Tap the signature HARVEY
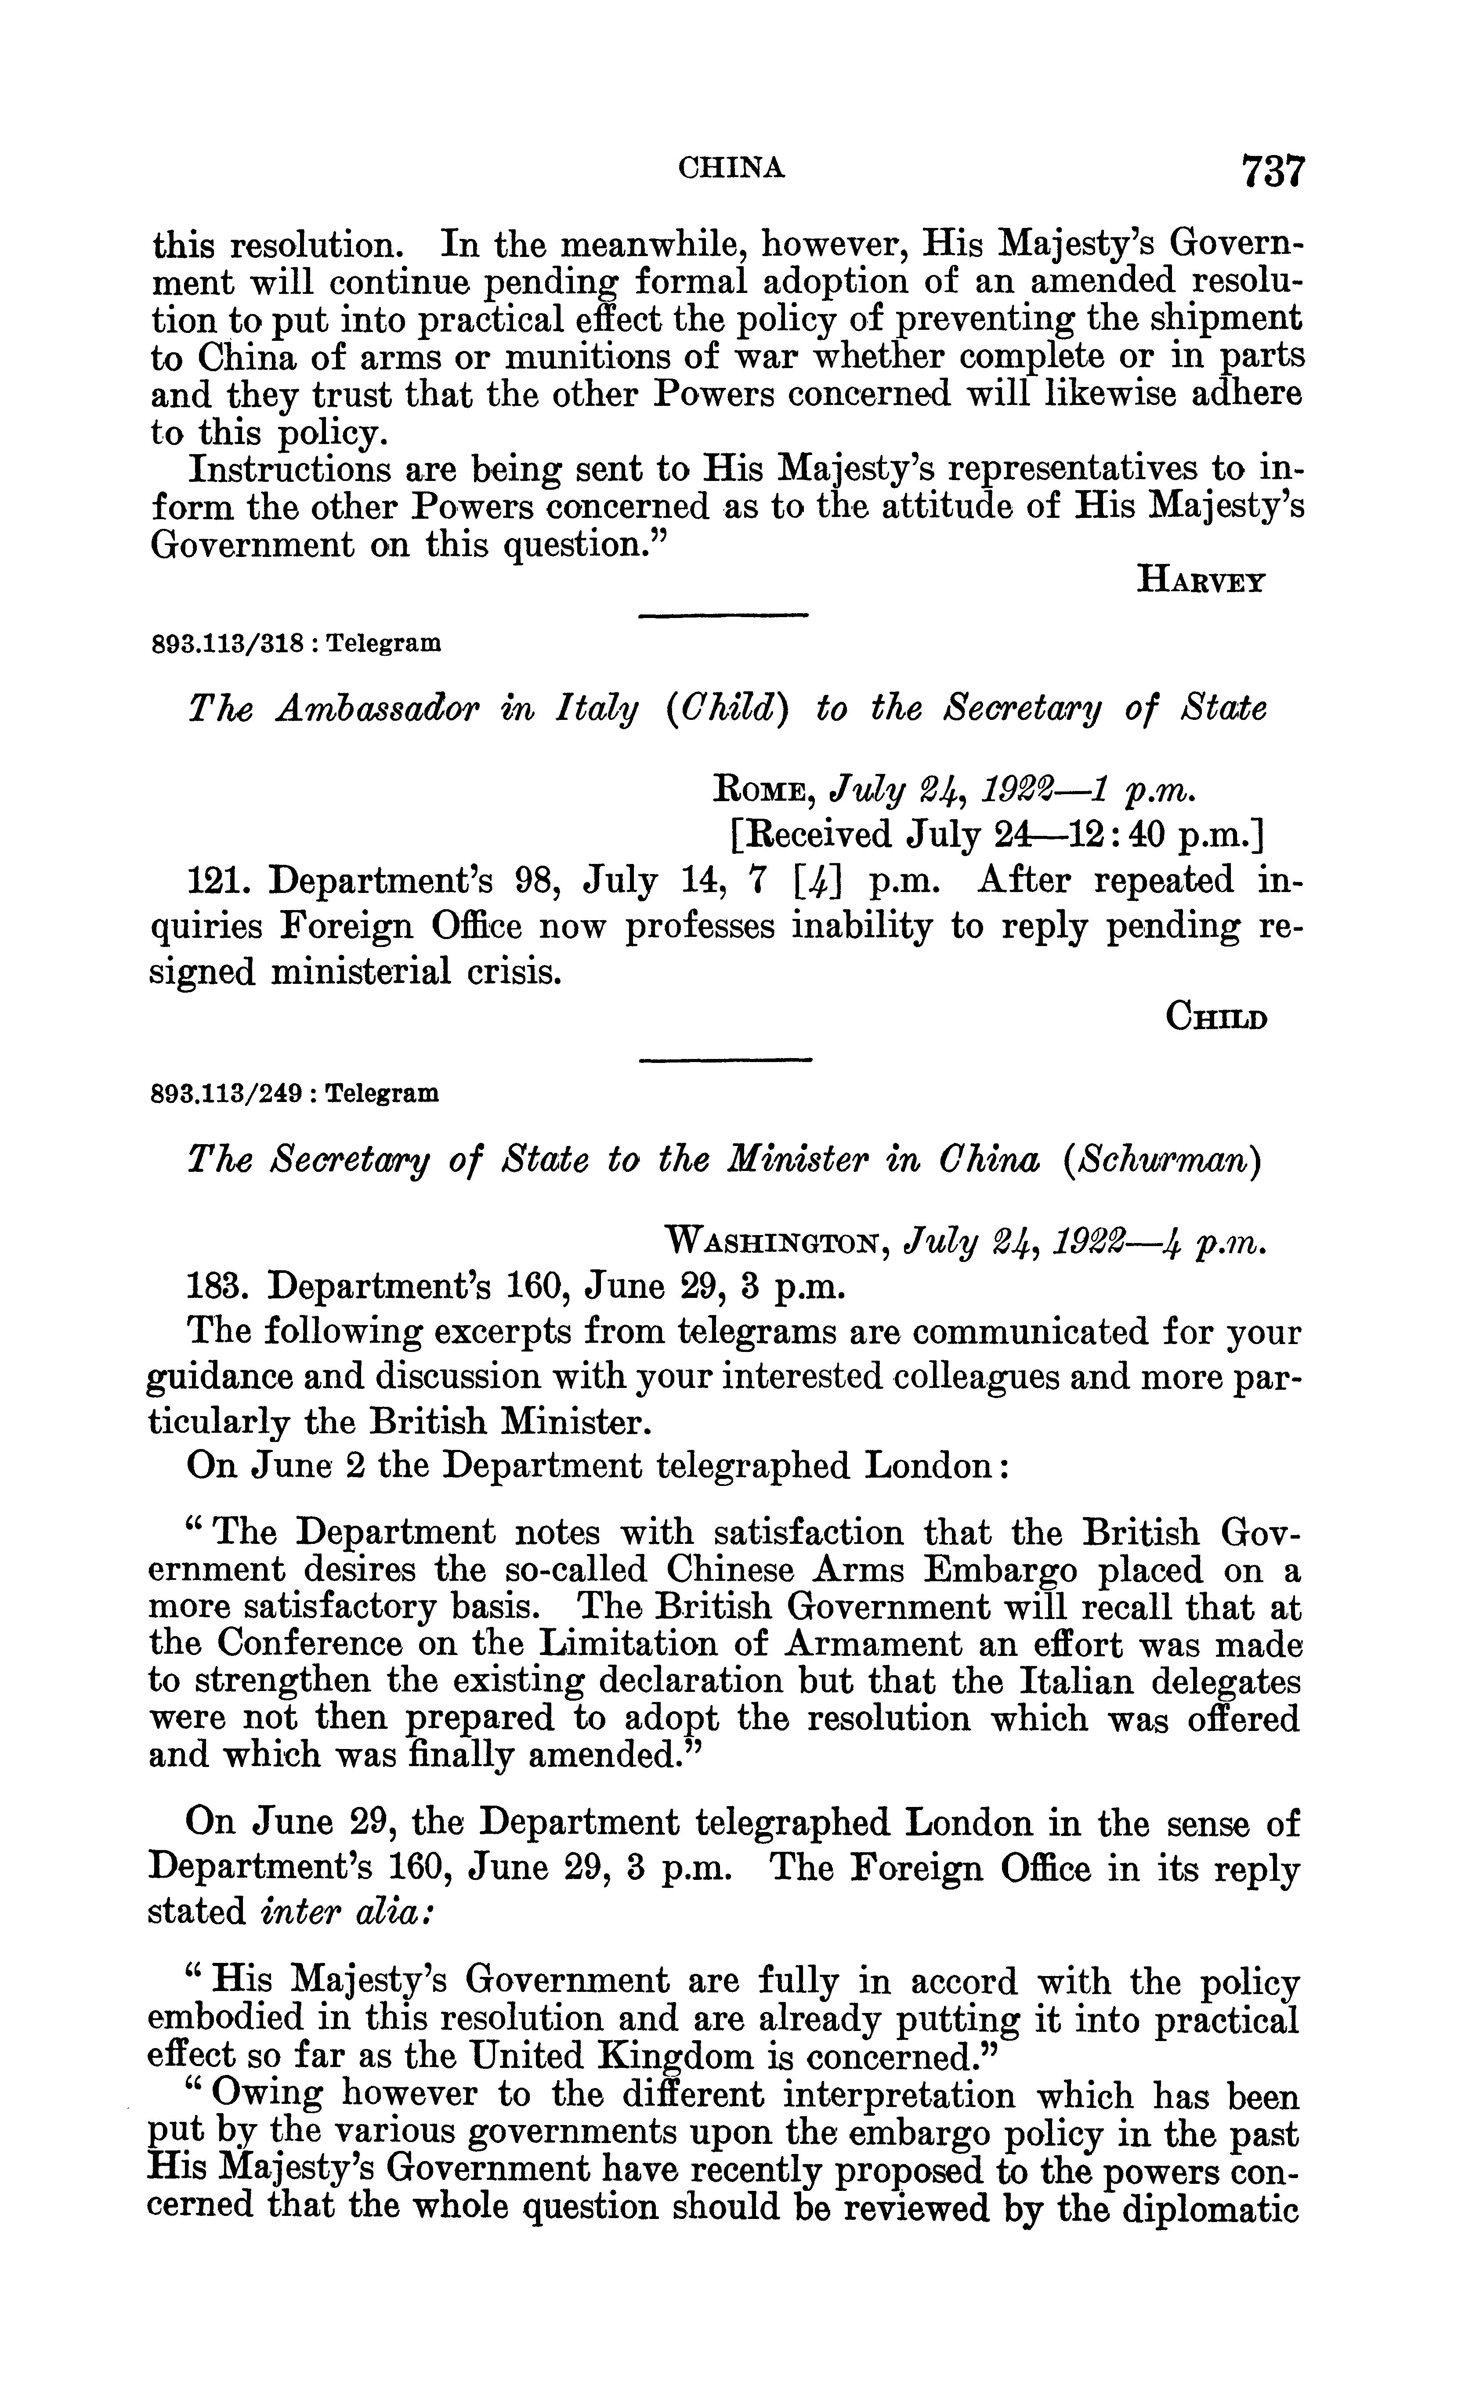click(x=1201, y=582)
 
